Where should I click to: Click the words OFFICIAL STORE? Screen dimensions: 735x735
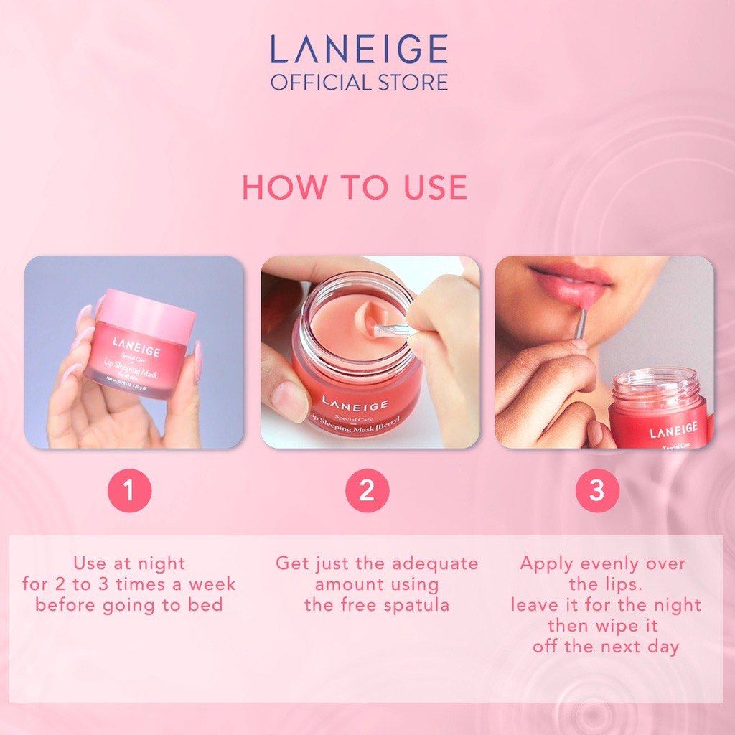[x=358, y=81]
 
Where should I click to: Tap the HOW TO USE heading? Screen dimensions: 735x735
[x=355, y=187]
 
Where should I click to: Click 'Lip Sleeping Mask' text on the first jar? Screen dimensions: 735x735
[x=133, y=373]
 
